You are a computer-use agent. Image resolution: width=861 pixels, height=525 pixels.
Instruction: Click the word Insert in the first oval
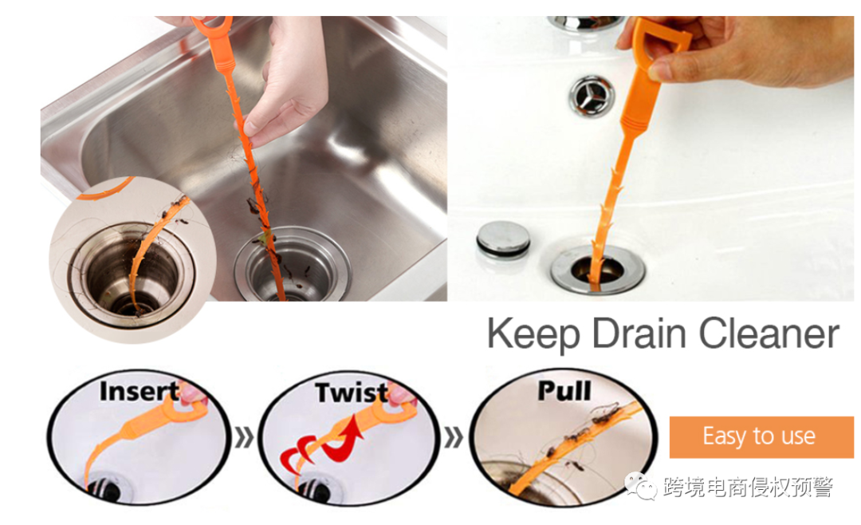pyautogui.click(x=140, y=392)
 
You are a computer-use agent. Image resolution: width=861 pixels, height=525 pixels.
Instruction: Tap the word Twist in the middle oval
pyautogui.click(x=352, y=393)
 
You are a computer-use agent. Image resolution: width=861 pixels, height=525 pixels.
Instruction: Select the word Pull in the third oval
pyautogui.click(x=564, y=391)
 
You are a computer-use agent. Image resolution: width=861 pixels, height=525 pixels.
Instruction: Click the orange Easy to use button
pyautogui.click(x=761, y=437)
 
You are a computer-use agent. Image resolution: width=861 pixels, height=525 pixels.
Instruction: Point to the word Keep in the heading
pyautogui.click(x=533, y=334)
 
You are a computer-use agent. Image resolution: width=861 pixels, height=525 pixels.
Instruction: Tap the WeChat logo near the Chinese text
pyautogui.click(x=640, y=486)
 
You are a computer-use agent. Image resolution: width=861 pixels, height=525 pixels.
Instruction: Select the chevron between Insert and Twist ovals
pyautogui.click(x=245, y=437)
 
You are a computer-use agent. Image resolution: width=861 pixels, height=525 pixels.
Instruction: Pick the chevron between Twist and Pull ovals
pyautogui.click(x=454, y=437)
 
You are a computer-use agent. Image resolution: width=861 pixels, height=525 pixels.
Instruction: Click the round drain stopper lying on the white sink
pyautogui.click(x=503, y=239)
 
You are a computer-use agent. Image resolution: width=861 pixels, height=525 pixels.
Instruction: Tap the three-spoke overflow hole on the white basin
pyautogui.click(x=592, y=96)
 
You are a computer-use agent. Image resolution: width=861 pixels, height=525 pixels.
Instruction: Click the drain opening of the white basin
pyautogui.click(x=598, y=269)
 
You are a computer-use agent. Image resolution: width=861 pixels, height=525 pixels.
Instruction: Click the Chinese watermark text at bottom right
pyautogui.click(x=748, y=487)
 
